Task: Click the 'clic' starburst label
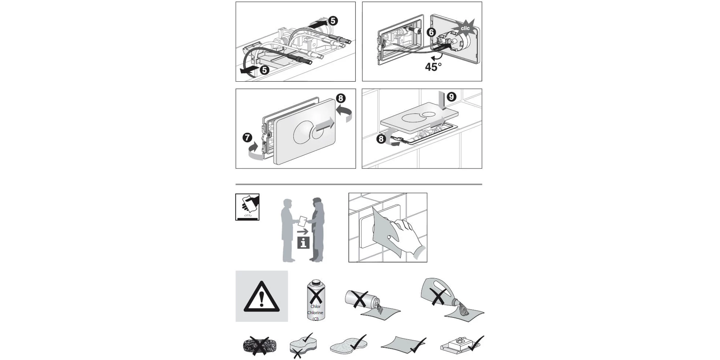pos(465,28)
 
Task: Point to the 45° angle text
pos(433,67)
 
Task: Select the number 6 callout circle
pos(431,32)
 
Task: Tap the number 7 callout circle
pos(247,138)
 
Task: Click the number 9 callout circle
pos(451,96)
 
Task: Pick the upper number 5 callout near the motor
pos(333,21)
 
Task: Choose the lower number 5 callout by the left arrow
pos(265,70)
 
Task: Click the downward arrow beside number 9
pos(442,100)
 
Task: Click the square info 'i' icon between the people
pos(303,243)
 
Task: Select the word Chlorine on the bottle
pos(315,312)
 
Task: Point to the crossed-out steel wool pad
pos(259,346)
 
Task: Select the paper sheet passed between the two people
pos(303,221)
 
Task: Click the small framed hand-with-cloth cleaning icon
pos(247,207)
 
